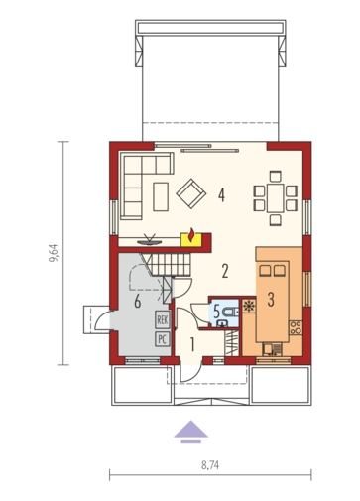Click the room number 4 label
[x=221, y=194]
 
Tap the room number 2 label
[x=225, y=271]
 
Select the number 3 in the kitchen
[x=271, y=300]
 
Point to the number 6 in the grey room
[x=138, y=302]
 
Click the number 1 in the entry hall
[x=192, y=344]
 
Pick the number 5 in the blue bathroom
[x=216, y=312]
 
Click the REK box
[x=163, y=319]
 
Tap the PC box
[x=163, y=339]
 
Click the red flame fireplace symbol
[x=191, y=235]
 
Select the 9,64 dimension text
[x=54, y=253]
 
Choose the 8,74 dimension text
[x=210, y=465]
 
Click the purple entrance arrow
[x=191, y=432]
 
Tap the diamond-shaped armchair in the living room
[x=191, y=193]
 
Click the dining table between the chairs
[x=276, y=198]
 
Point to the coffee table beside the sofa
[x=161, y=196]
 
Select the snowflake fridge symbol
[x=249, y=306]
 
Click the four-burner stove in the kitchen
[x=296, y=327]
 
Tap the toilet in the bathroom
[x=230, y=312]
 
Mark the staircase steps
[x=171, y=265]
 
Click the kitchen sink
[x=272, y=349]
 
